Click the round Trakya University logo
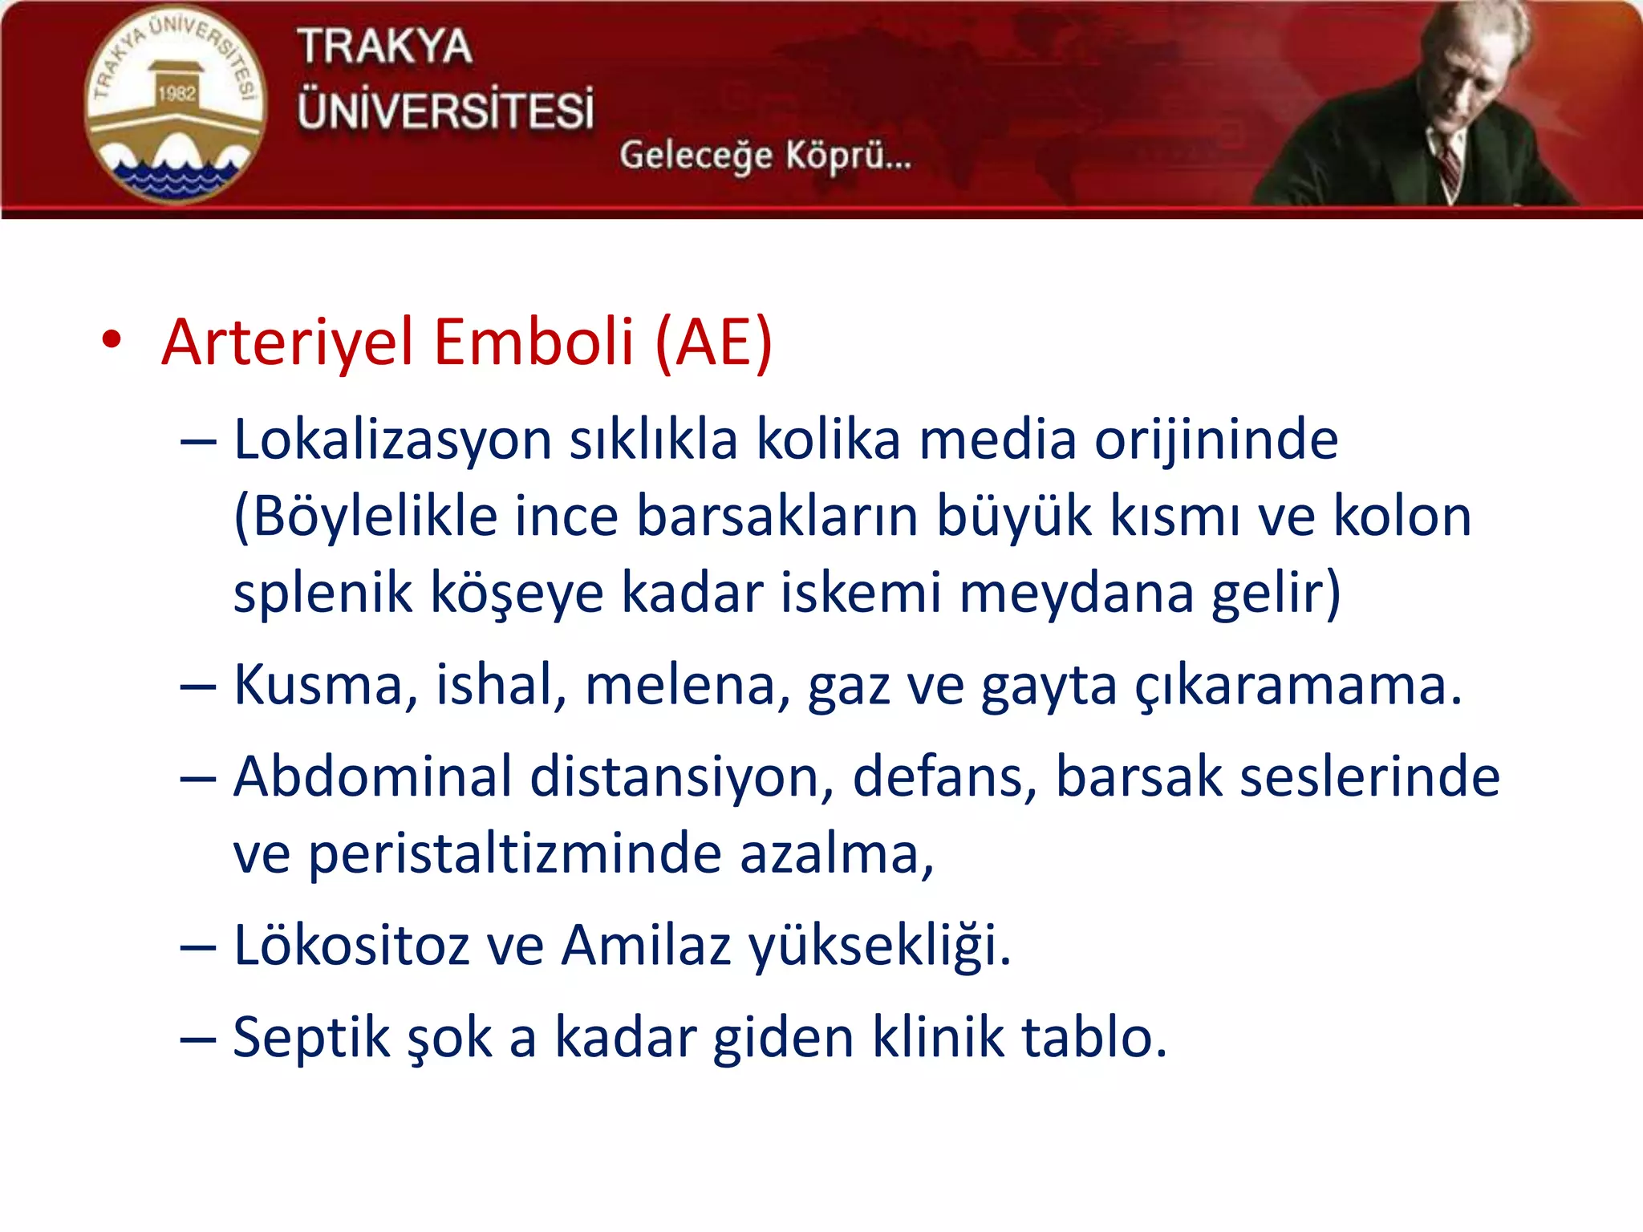pos(174,104)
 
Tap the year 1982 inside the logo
pos(176,93)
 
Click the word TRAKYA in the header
pos(384,47)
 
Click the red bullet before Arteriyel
pos(112,340)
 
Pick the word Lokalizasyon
pos(392,441)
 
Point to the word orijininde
pos(1216,441)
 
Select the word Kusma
pos(325,687)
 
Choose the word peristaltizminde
pos(514,853)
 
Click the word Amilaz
pos(646,946)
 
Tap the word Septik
pos(310,1039)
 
